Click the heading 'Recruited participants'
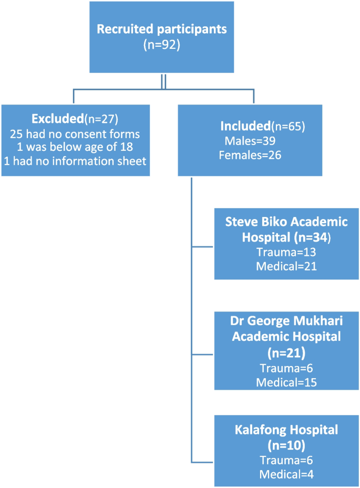pyautogui.click(x=162, y=29)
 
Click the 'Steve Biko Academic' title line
pyautogui.click(x=286, y=222)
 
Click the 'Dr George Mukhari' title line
pyautogui.click(x=286, y=321)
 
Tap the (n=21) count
pyautogui.click(x=286, y=352)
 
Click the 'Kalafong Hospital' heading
pyautogui.click(x=286, y=430)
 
